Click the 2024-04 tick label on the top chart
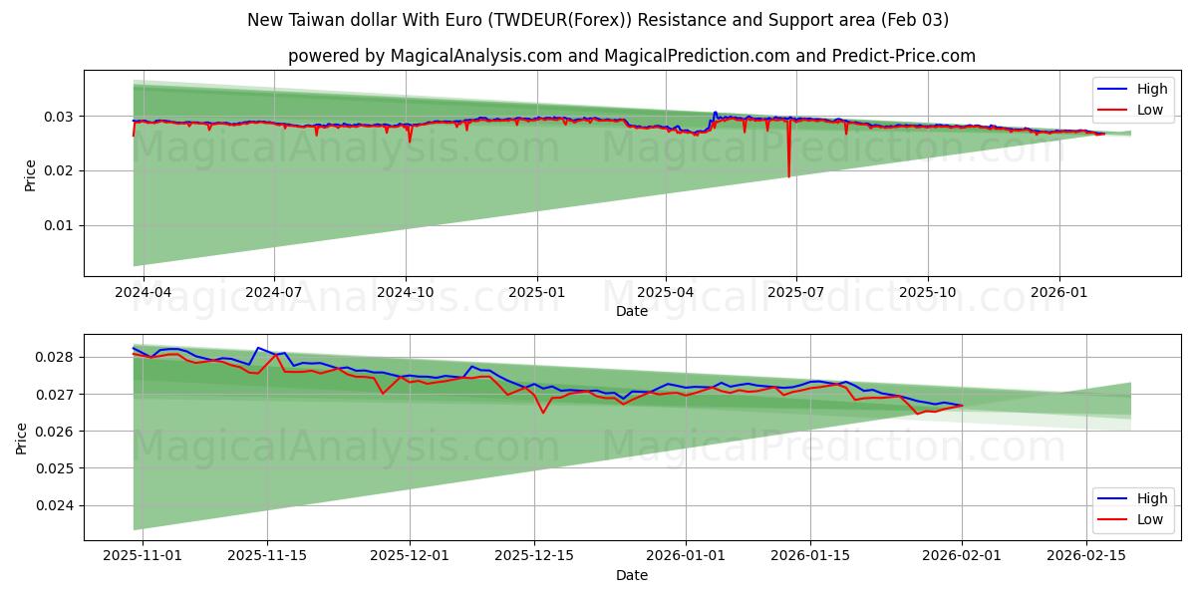tap(144, 292)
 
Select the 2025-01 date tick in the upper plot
tap(537, 292)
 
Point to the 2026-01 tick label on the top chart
tap(1058, 292)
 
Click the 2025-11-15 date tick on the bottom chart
tap(266, 556)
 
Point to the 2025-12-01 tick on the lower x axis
tap(410, 556)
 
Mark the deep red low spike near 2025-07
tap(788, 175)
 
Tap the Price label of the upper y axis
tap(31, 174)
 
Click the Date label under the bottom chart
tap(632, 575)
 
